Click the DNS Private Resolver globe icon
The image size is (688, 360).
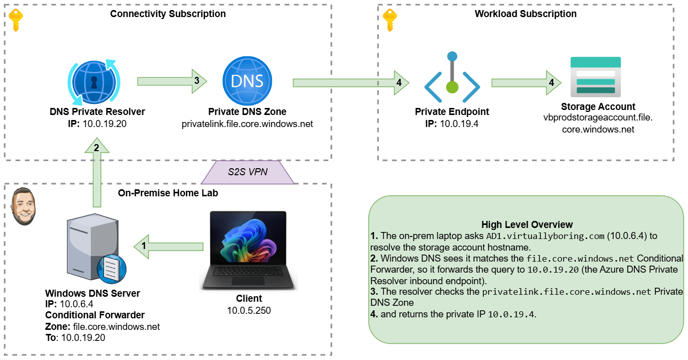point(94,81)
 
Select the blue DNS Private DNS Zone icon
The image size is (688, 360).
point(247,81)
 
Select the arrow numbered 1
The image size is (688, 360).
point(168,247)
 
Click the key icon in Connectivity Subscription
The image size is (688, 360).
point(16,19)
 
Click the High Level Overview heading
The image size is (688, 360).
point(527,224)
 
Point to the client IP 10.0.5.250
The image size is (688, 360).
point(249,310)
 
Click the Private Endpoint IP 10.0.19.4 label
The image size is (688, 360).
point(452,124)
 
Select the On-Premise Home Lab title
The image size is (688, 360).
point(168,193)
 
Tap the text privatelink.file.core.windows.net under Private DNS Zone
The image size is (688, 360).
point(247,124)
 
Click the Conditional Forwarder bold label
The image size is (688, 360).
point(95,315)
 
